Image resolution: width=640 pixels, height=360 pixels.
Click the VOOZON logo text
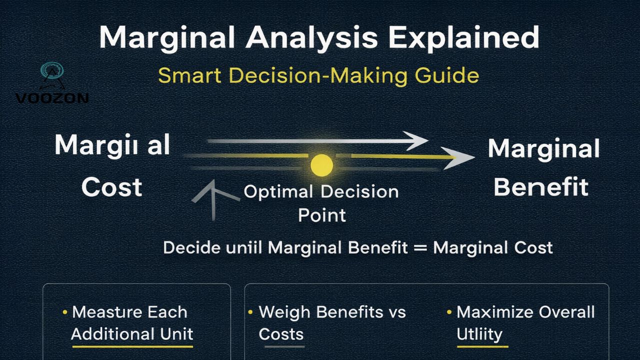pos(52,98)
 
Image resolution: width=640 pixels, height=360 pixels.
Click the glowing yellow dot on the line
pos(321,164)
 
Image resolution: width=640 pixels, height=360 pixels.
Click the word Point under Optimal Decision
pos(321,215)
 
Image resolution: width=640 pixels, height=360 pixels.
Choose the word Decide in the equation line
pos(190,247)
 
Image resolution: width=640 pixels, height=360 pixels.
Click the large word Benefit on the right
pos(541,187)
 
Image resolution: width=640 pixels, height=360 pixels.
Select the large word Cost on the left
pos(112,187)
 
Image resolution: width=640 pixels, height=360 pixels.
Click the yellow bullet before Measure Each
pos(64,312)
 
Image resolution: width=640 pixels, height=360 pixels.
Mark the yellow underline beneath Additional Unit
pos(132,345)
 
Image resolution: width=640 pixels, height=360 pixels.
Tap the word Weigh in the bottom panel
pos(285,312)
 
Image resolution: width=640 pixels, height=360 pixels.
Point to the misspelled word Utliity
pos(480,334)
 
